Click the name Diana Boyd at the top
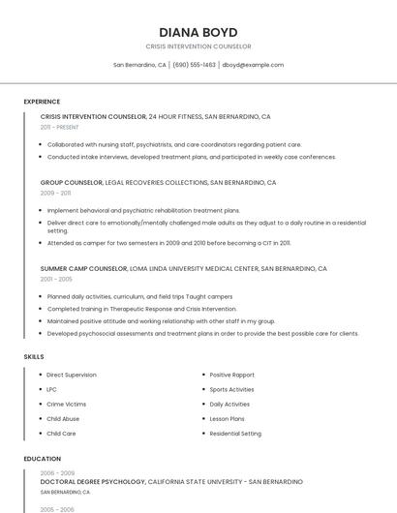pyautogui.click(x=198, y=32)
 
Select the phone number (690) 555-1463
pyautogui.click(x=194, y=65)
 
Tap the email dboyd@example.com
pyautogui.click(x=253, y=65)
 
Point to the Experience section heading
pyautogui.click(x=42, y=102)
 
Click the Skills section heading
pyautogui.click(x=34, y=357)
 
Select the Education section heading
pyautogui.click(x=43, y=459)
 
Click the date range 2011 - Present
pyautogui.click(x=59, y=127)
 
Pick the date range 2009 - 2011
pyautogui.click(x=55, y=193)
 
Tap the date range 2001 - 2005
pyautogui.click(x=56, y=279)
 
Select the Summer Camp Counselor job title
pyautogui.click(x=83, y=268)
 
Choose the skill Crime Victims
pyautogui.click(x=66, y=404)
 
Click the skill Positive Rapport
pyautogui.click(x=231, y=375)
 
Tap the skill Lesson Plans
pyautogui.click(x=227, y=419)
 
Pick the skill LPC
pyautogui.click(x=51, y=389)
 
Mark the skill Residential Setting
pyautogui.click(x=235, y=434)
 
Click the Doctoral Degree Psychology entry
pyautogui.click(x=93, y=481)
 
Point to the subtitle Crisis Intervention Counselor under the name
pyautogui.click(x=198, y=46)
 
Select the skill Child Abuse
pyautogui.click(x=63, y=419)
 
